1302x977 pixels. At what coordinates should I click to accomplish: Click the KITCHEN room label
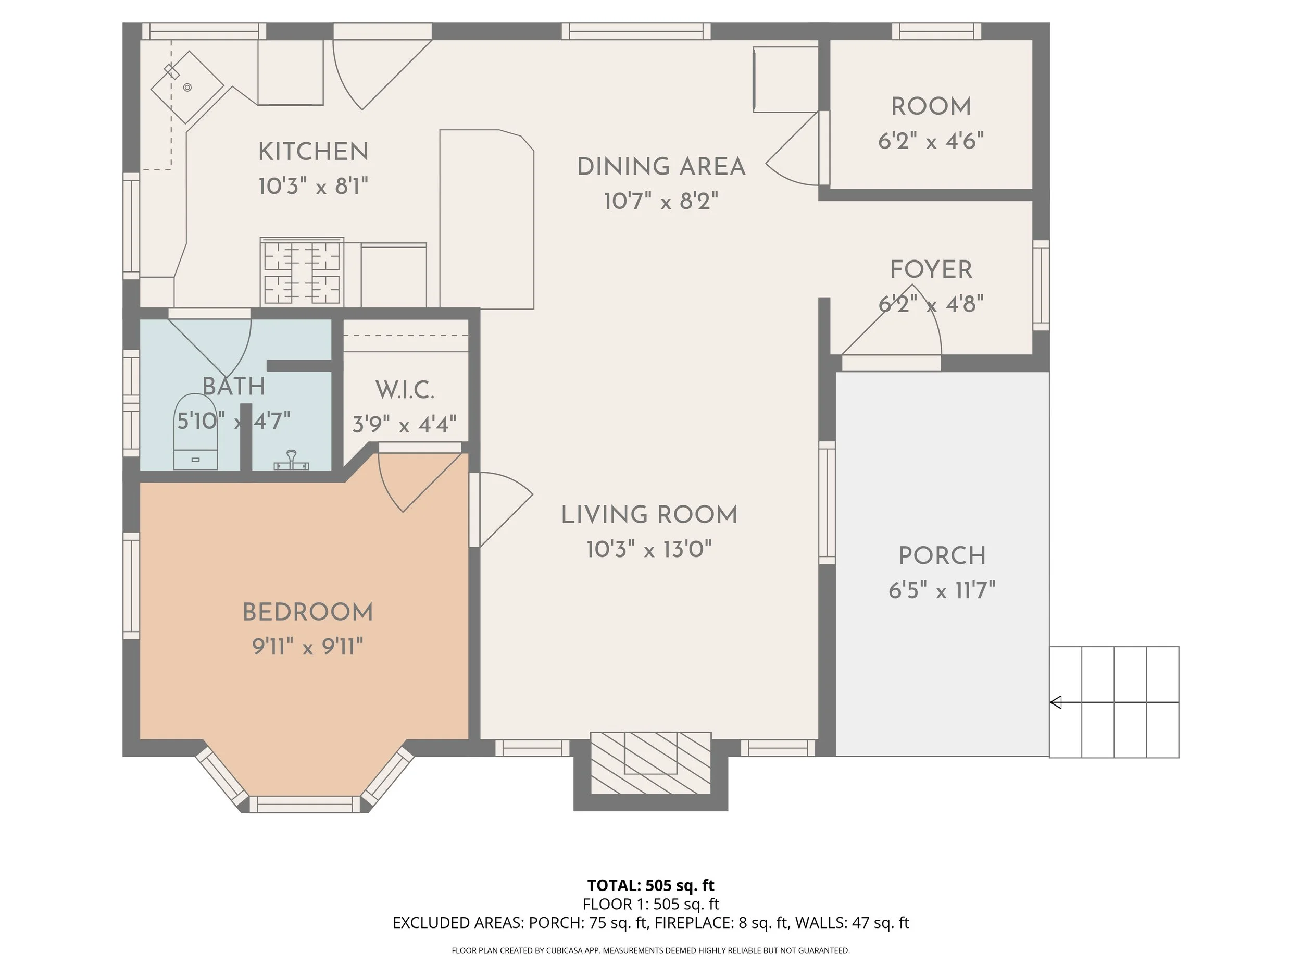point(313,152)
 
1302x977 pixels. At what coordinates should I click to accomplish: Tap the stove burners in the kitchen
point(302,272)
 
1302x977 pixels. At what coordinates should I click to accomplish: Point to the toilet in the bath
point(196,431)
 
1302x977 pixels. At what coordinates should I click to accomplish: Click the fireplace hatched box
point(650,763)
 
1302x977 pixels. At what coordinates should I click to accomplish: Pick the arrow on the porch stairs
point(1114,702)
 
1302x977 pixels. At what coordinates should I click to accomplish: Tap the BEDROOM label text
point(308,612)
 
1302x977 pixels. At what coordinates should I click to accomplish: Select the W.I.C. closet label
point(405,390)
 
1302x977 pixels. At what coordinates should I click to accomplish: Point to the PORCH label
point(942,556)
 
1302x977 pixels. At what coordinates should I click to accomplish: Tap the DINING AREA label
point(661,167)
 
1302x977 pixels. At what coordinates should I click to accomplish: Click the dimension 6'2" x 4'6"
point(931,141)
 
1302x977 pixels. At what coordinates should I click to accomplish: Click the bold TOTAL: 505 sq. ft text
point(650,885)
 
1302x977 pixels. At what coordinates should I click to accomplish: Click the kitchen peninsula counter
point(487,219)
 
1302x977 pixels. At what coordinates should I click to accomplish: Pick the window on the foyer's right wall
point(1041,285)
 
